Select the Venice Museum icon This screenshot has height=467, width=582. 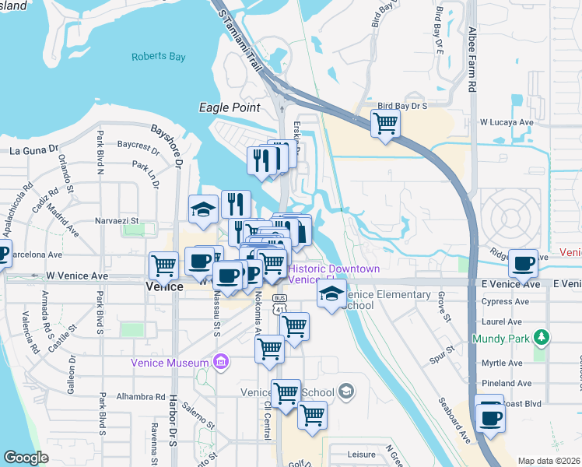(221, 363)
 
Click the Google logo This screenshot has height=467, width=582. (26, 458)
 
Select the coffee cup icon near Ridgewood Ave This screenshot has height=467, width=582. (523, 262)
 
